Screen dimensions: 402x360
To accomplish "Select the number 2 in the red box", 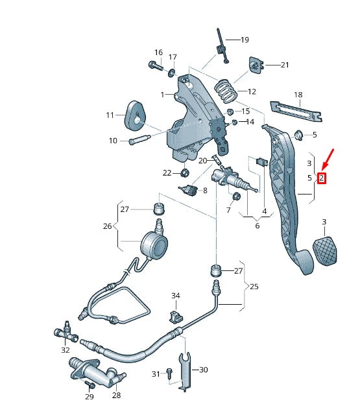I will pyautogui.click(x=321, y=178).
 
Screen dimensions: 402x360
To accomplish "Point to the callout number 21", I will pyautogui.click(x=284, y=65).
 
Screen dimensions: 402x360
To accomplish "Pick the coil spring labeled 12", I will pyautogui.click(x=225, y=89).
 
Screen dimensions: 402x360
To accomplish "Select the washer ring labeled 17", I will pyautogui.click(x=172, y=73).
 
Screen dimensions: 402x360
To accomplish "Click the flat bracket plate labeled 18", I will pyautogui.click(x=297, y=109).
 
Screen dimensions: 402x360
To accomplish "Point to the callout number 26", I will pyautogui.click(x=108, y=226).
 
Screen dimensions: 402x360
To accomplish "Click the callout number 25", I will pyautogui.click(x=254, y=286).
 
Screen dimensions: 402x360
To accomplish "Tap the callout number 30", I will pyautogui.click(x=203, y=370).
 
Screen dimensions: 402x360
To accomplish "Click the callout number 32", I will pyautogui.click(x=65, y=349).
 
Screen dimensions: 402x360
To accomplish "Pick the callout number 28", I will pyautogui.click(x=116, y=394).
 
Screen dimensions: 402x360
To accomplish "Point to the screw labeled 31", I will pyautogui.click(x=169, y=373).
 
